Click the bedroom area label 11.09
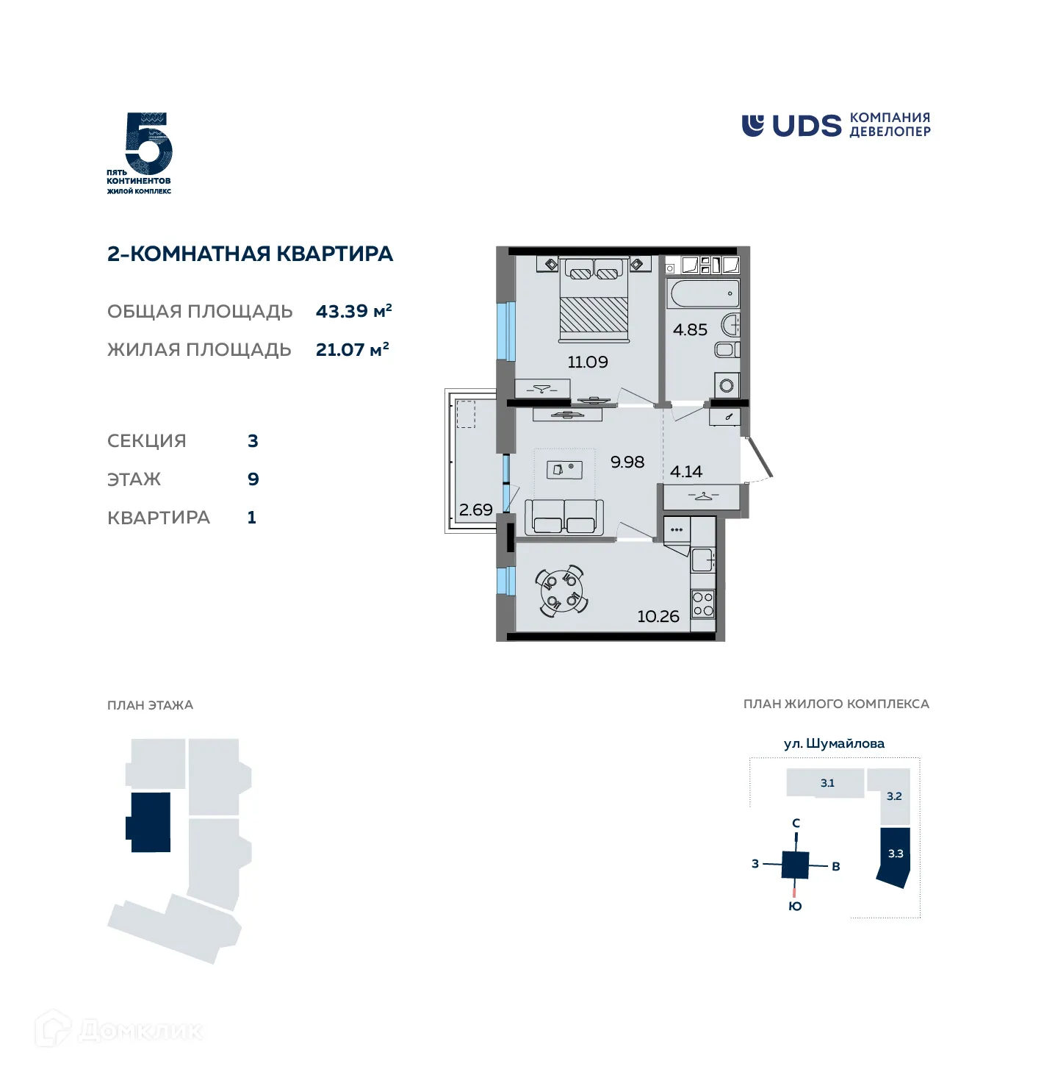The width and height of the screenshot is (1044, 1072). point(587,362)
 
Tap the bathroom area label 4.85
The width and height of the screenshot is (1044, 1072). point(690,330)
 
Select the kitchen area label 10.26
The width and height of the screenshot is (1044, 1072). point(658,617)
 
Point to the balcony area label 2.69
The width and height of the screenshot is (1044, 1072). point(475,510)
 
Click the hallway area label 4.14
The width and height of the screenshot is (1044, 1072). point(685,471)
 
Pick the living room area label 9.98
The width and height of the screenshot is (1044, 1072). point(627,462)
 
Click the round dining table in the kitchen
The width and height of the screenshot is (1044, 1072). point(562,590)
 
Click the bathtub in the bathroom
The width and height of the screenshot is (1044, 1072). point(703,294)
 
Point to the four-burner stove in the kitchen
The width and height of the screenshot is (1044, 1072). point(703,604)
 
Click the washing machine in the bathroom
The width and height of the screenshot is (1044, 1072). point(727,385)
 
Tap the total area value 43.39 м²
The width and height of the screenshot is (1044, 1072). point(353,311)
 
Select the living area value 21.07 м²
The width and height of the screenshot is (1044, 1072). point(352,349)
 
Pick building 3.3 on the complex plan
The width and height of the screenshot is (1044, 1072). point(895,855)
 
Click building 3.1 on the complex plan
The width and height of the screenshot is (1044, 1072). point(827,783)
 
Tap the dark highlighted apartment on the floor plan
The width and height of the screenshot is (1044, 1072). point(150,822)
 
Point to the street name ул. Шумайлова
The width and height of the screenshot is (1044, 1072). point(834,743)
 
